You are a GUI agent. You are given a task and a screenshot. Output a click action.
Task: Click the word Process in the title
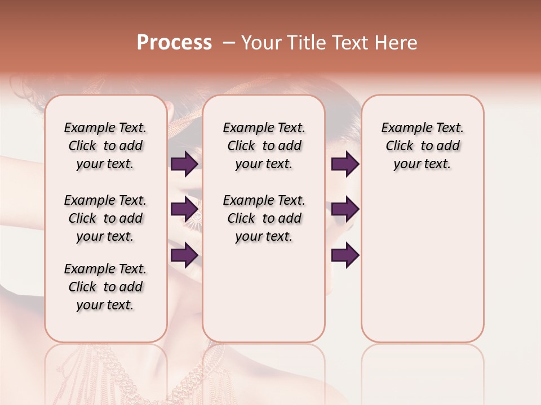click(174, 43)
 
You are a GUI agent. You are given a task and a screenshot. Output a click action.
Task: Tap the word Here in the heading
click(396, 43)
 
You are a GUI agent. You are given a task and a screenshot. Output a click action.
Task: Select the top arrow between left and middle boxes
click(184, 164)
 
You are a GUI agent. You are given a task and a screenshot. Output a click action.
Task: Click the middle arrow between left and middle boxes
click(184, 210)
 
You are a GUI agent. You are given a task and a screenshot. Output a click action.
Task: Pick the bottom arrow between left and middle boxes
click(184, 255)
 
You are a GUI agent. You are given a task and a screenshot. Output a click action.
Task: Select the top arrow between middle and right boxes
click(345, 164)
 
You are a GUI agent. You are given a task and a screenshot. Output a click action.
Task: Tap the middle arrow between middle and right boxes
click(345, 210)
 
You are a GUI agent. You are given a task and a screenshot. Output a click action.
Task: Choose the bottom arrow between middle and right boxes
click(345, 255)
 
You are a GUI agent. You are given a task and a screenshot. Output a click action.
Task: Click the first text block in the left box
click(105, 146)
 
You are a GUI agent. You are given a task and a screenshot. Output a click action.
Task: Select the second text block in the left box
click(105, 218)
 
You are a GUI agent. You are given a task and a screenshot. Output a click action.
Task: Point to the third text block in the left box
click(105, 287)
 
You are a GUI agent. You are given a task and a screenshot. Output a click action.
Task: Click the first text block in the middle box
click(264, 146)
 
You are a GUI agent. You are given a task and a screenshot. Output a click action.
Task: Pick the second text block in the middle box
click(264, 218)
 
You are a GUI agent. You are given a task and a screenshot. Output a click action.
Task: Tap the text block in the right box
click(423, 146)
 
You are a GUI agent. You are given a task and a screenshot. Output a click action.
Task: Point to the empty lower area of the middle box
click(264, 292)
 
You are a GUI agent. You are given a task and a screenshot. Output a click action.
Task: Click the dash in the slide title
click(229, 43)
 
